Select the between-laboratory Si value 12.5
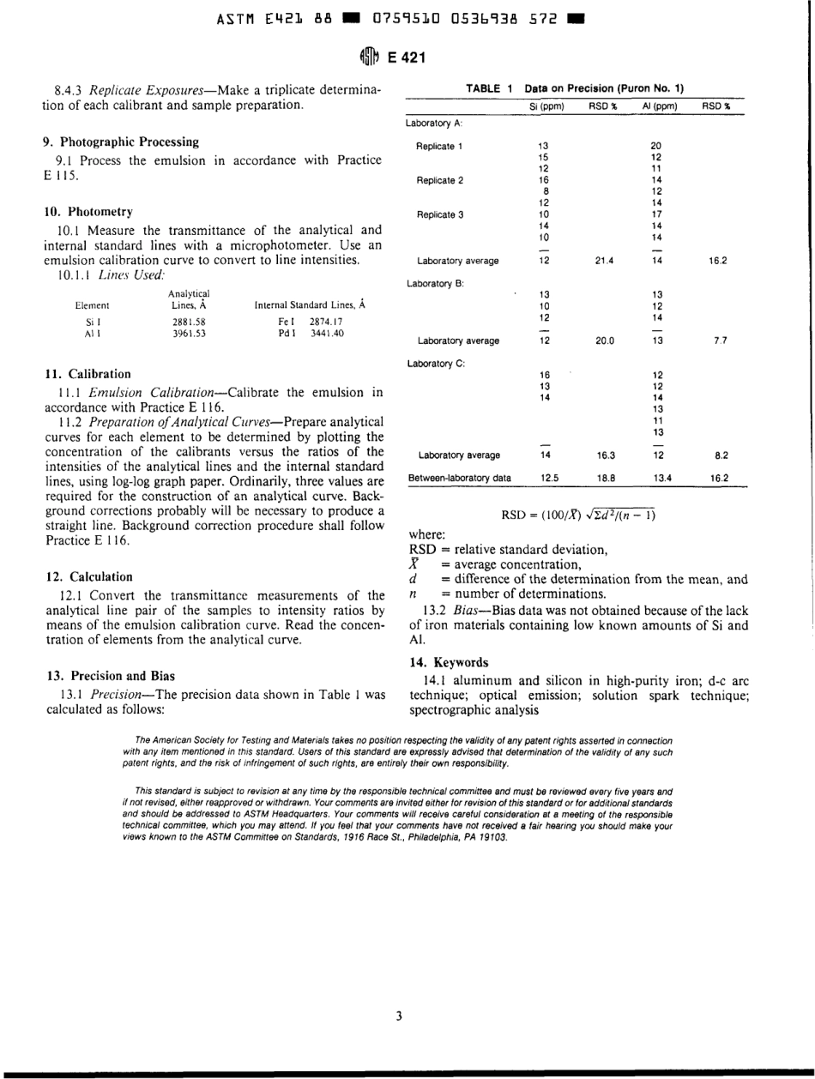(x=545, y=473)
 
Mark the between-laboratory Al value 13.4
(x=654, y=473)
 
